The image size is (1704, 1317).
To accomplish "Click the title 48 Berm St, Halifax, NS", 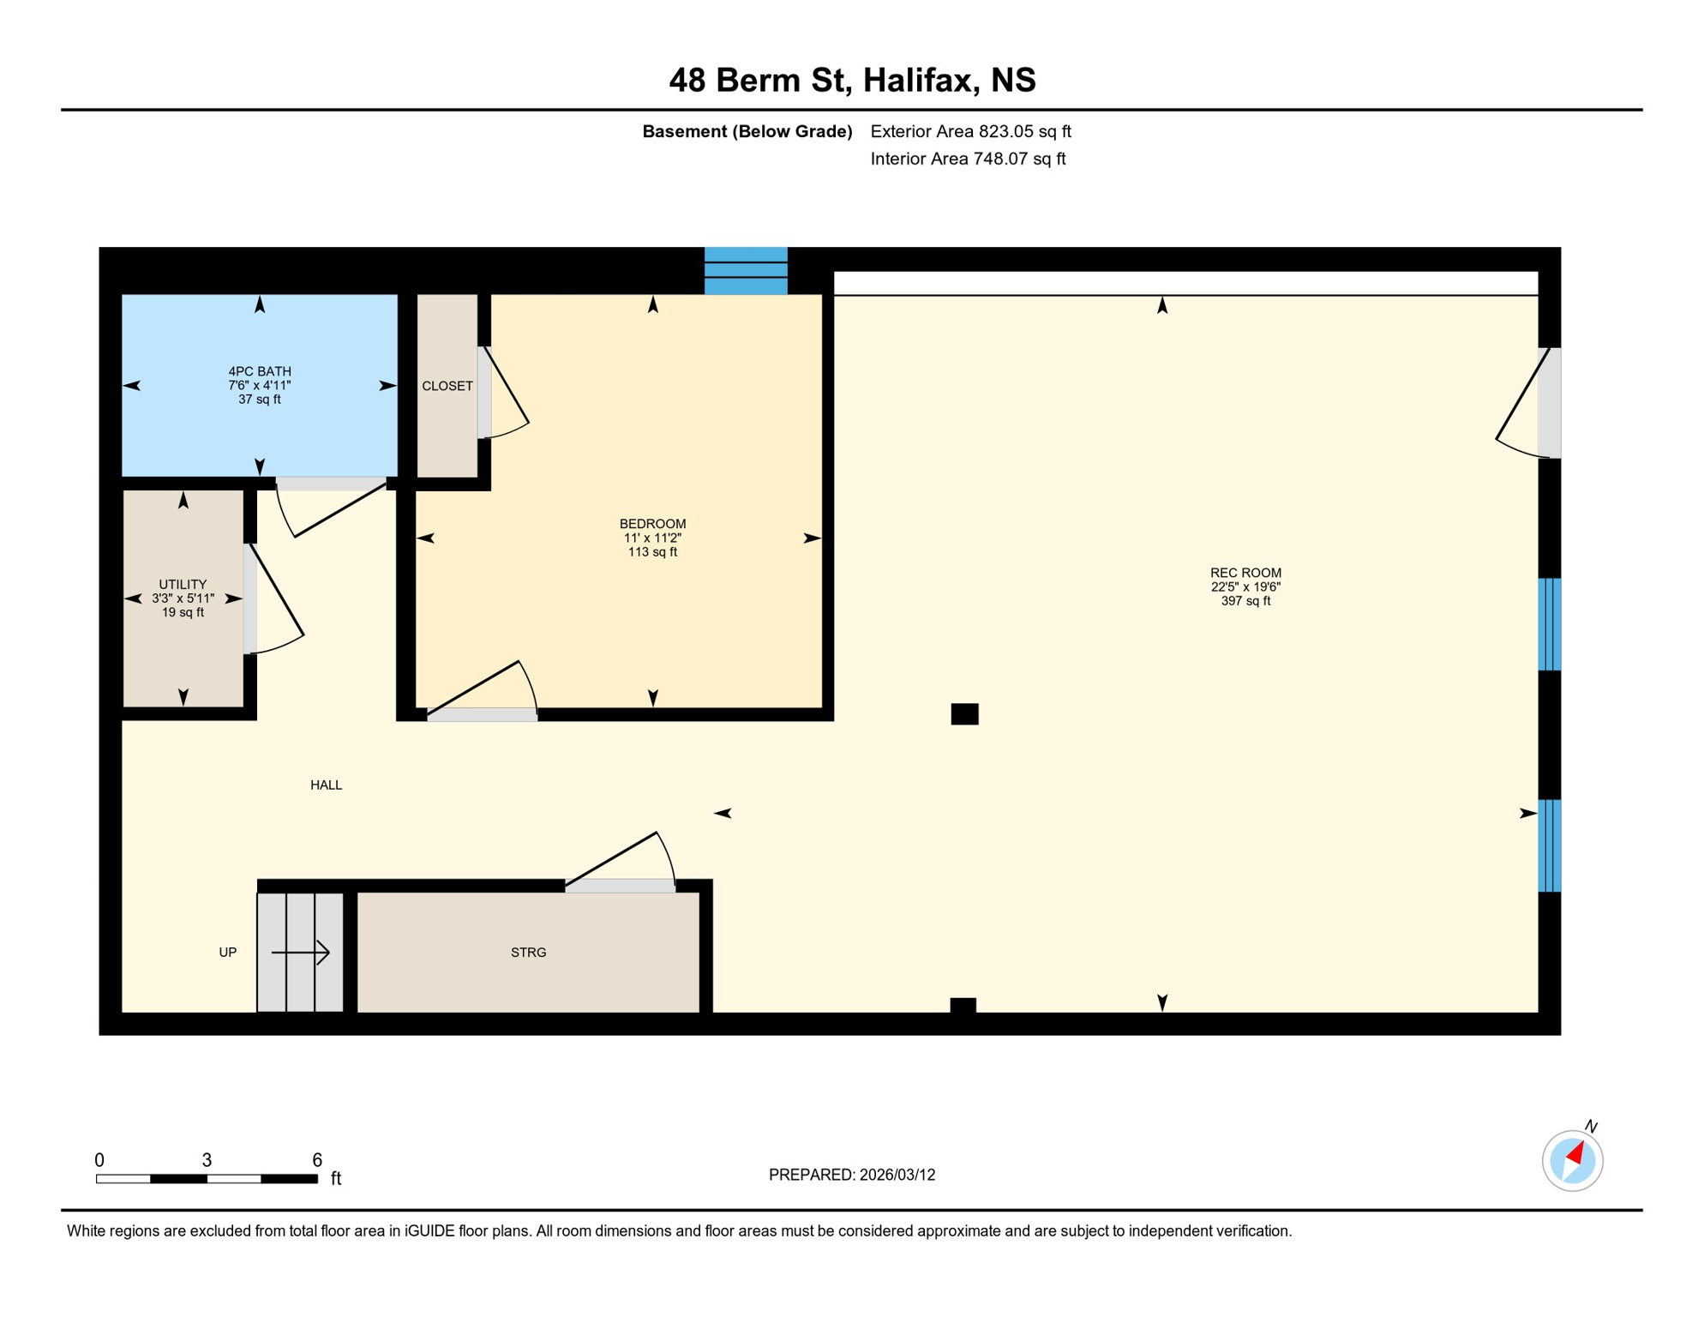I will pos(852,80).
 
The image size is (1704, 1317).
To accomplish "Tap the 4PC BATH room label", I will pos(259,371).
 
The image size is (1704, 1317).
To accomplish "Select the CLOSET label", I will pos(447,386).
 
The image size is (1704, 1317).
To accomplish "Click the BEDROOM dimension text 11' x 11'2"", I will pos(652,538).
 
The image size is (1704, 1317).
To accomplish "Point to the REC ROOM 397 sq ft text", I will pos(1245,601).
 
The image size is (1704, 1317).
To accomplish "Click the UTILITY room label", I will pos(183,584).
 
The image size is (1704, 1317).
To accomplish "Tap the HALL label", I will pos(326,785).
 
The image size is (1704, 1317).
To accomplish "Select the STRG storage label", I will pos(528,952).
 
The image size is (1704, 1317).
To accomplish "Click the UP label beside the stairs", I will pos(227,952).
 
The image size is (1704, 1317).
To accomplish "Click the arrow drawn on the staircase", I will pos(301,952).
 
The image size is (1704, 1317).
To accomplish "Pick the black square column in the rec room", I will pos(964,713).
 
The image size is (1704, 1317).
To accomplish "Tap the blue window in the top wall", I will pos(746,270).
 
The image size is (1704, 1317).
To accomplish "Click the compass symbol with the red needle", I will pos(1572,1160).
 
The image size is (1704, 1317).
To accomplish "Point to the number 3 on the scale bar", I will pos(207,1159).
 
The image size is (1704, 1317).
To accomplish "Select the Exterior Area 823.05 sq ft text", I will pos(970,131).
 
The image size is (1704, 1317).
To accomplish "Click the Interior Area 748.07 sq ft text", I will pos(968,159).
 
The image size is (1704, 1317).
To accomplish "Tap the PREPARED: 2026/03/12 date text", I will pos(852,1175).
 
